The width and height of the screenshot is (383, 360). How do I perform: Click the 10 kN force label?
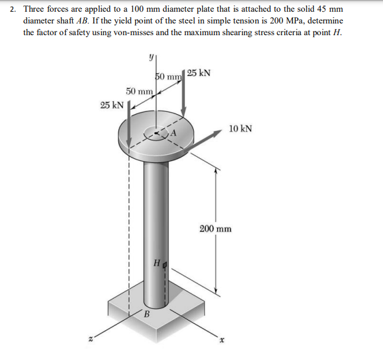239,129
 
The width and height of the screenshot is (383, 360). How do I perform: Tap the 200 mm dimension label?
215,228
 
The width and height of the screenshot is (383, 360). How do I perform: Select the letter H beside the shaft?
157,264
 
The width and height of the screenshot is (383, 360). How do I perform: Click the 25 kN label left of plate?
112,104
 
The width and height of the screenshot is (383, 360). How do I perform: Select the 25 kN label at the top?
199,73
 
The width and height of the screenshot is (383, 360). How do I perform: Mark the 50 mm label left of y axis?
139,91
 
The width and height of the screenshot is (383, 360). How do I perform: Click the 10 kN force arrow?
207,140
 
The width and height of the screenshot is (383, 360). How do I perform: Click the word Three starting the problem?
35,10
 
